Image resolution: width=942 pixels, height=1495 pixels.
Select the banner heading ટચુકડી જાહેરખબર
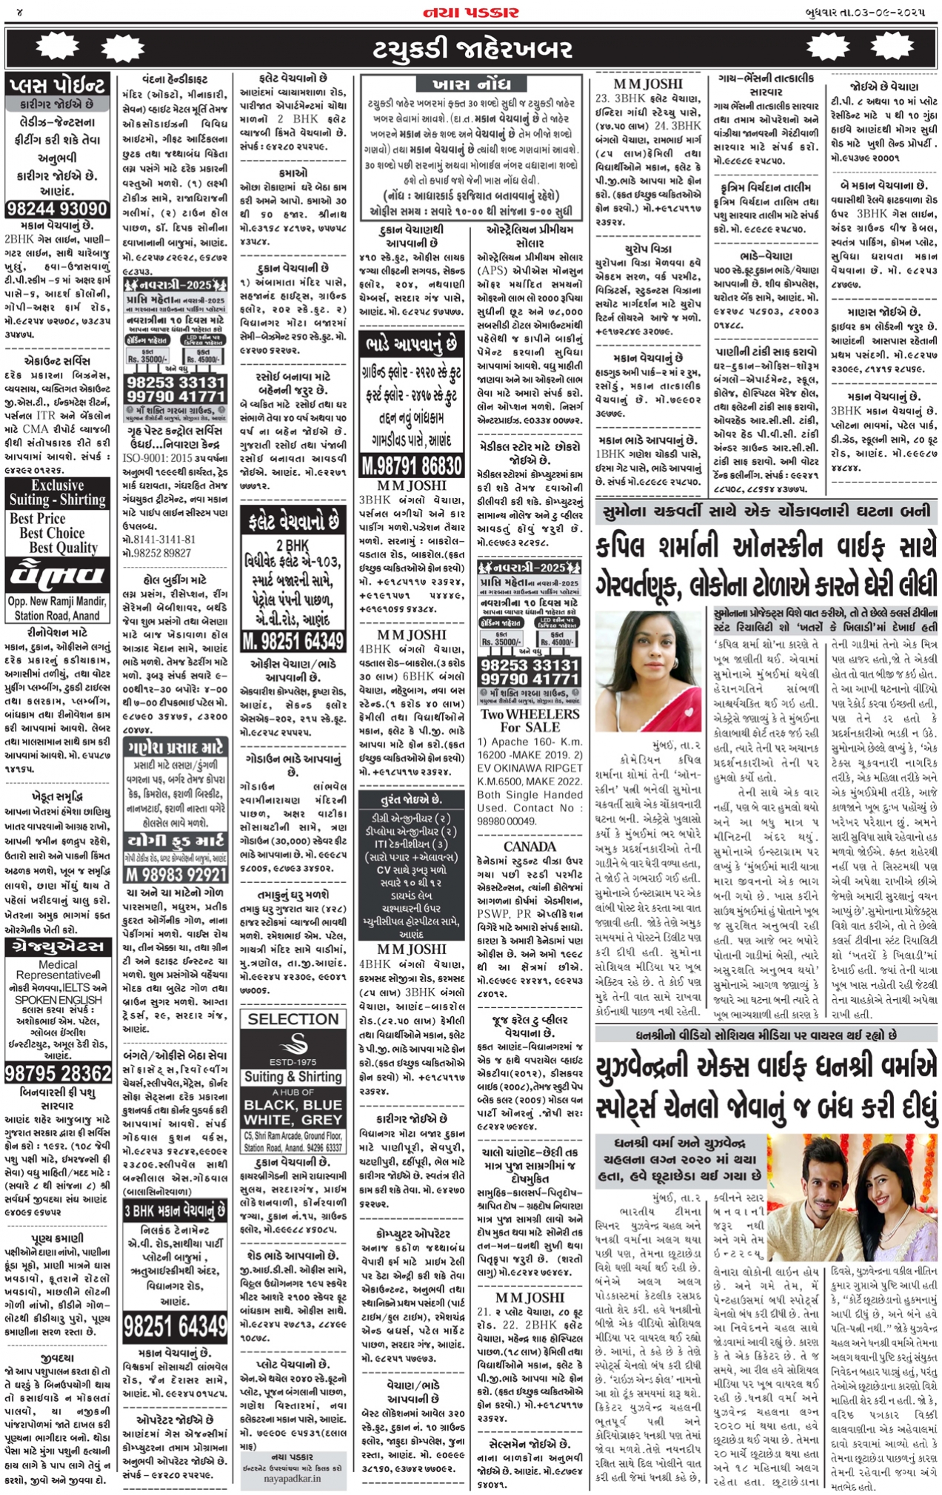pyautogui.click(x=472, y=49)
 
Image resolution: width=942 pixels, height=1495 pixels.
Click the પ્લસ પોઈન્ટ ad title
pyautogui.click(x=58, y=85)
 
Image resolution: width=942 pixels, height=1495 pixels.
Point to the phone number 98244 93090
pyautogui.click(x=58, y=209)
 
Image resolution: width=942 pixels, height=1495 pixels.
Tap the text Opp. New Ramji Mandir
pyautogui.click(x=57, y=601)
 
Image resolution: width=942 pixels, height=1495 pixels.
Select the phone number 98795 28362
pyautogui.click(x=58, y=1072)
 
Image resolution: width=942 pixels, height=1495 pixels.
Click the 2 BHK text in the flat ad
pyautogui.click(x=293, y=545)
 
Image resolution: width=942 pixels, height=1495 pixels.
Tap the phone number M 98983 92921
pyautogui.click(x=175, y=874)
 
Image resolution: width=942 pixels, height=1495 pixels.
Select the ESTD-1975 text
pyautogui.click(x=293, y=1061)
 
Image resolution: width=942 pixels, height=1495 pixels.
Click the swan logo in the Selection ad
pyautogui.click(x=293, y=1044)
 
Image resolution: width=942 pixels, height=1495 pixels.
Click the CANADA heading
pyautogui.click(x=530, y=846)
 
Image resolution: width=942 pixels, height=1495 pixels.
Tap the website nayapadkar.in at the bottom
pyautogui.click(x=293, y=1478)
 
